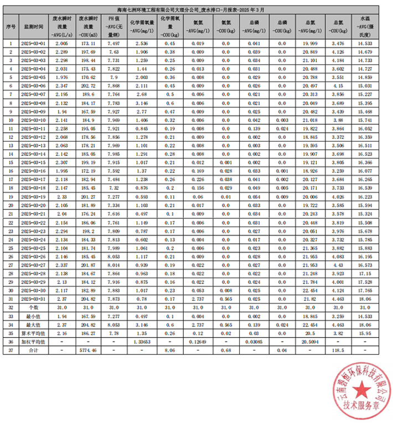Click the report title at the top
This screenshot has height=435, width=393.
pyautogui.click(x=196, y=9)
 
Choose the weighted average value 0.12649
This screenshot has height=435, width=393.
pyautogui.click(x=197, y=342)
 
